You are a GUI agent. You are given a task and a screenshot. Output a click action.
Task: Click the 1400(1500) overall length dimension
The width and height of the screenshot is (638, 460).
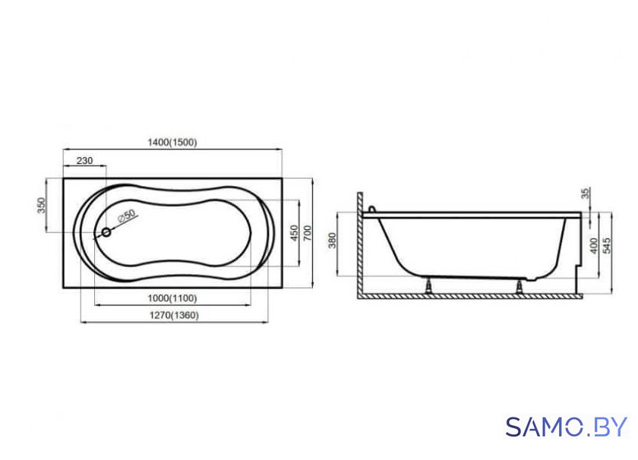click(x=172, y=143)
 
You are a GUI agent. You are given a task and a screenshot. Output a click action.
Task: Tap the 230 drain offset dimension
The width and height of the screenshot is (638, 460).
click(x=84, y=161)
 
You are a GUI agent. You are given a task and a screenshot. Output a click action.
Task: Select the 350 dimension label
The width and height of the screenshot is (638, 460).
click(x=42, y=206)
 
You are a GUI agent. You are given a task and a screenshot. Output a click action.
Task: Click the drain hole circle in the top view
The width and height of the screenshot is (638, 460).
click(x=106, y=232)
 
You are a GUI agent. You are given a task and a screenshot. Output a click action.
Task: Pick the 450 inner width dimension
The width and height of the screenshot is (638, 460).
click(x=294, y=233)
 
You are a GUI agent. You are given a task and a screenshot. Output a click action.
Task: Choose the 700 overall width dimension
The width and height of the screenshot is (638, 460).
click(x=307, y=233)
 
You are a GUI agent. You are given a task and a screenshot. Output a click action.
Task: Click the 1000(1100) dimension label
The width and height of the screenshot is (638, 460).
click(x=172, y=298)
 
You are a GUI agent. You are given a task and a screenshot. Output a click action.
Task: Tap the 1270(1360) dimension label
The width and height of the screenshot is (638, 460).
click(x=174, y=315)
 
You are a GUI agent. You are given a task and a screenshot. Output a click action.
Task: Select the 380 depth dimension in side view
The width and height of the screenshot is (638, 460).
click(x=333, y=241)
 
